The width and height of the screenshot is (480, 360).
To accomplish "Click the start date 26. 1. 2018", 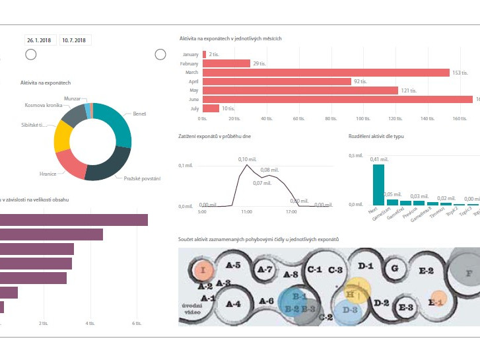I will click(40, 40).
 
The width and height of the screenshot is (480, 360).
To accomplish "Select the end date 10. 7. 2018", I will click(75, 40).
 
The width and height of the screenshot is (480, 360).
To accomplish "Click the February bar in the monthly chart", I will click(226, 63).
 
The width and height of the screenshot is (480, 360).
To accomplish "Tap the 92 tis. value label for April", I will click(360, 81).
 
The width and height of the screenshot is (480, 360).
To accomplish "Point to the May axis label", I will click(193, 90).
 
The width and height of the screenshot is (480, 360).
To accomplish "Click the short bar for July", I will click(211, 108).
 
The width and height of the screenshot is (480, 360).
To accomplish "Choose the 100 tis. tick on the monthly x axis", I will click(363, 119).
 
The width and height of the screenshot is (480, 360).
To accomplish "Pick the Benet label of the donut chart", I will click(139, 114).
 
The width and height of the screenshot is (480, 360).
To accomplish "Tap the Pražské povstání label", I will click(142, 178).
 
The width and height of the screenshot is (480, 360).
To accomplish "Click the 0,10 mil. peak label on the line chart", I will click(246, 159).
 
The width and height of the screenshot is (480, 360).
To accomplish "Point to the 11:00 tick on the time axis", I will click(247, 212).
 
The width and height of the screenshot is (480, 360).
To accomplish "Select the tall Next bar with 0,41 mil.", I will click(378, 184).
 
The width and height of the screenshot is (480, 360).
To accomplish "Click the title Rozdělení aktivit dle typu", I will click(376, 136).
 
